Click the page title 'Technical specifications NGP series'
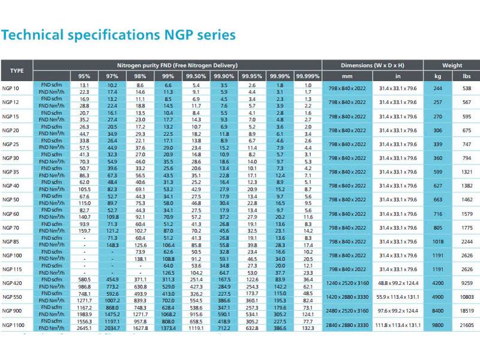click(119, 35)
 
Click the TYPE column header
click(17, 71)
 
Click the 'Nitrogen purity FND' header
click(177, 65)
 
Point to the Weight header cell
click(452, 65)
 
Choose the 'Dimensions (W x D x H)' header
click(373, 65)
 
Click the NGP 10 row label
click(11, 89)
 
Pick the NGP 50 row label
click(11, 199)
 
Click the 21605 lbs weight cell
click(467, 325)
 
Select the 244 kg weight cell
click(437, 89)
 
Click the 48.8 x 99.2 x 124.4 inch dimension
click(398, 283)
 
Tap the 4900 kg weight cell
click(437, 296)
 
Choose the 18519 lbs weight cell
click(467, 311)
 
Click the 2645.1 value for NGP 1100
click(85, 328)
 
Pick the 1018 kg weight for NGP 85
click(437, 241)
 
